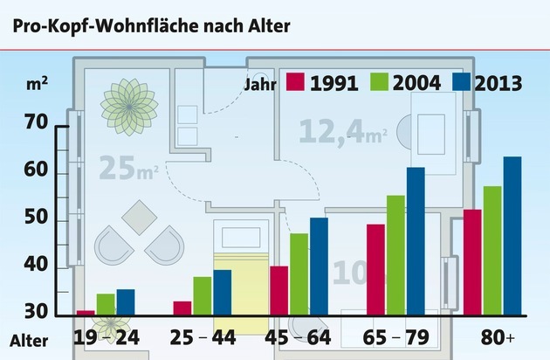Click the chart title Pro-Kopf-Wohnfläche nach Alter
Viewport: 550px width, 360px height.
coord(150,24)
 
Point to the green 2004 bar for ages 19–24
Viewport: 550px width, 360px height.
coord(106,303)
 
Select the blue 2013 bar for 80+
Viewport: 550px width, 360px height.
coord(512,235)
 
